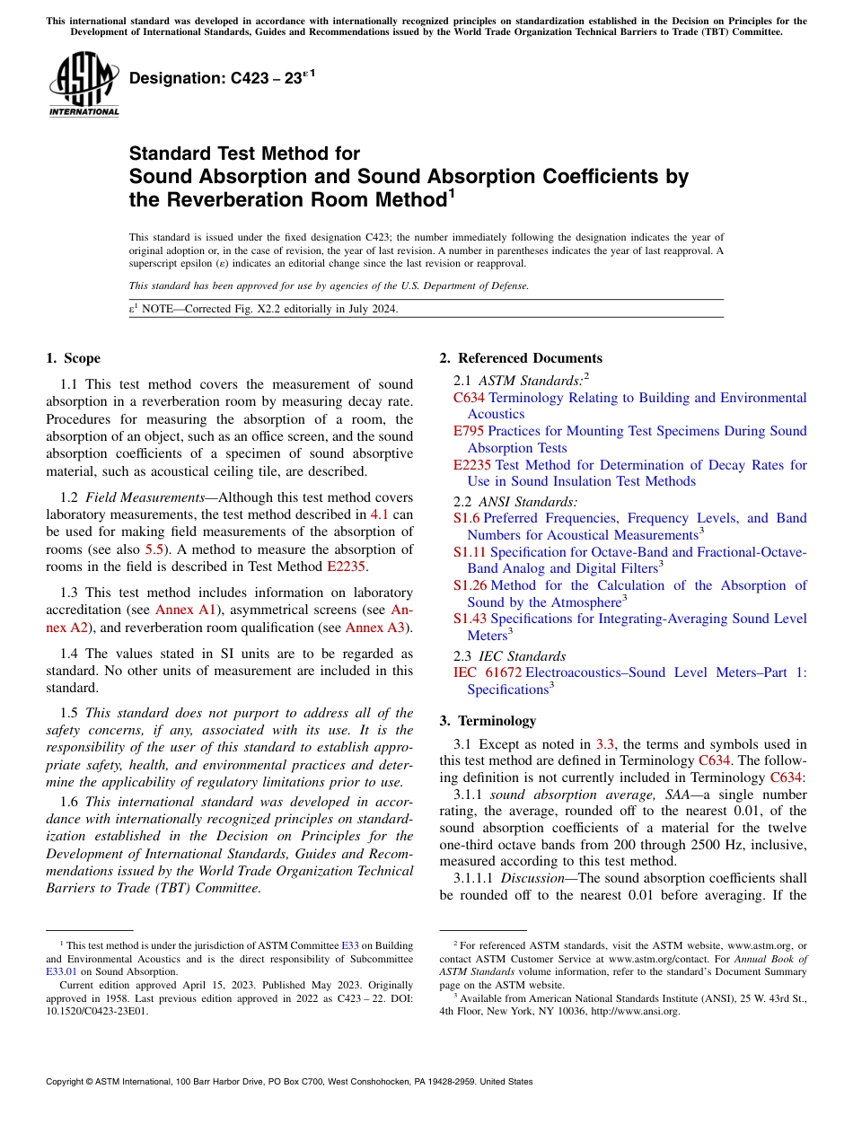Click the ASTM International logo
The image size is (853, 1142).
(84, 84)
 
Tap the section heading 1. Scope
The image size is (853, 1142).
(73, 358)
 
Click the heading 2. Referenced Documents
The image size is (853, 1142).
(521, 358)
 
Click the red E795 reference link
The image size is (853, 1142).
(469, 431)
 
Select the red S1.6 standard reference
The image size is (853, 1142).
(466, 518)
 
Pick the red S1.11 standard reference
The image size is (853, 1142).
(470, 551)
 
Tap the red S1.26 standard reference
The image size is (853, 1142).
(470, 585)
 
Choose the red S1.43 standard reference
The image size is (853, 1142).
(470, 619)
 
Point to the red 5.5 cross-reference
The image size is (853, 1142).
(154, 531)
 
